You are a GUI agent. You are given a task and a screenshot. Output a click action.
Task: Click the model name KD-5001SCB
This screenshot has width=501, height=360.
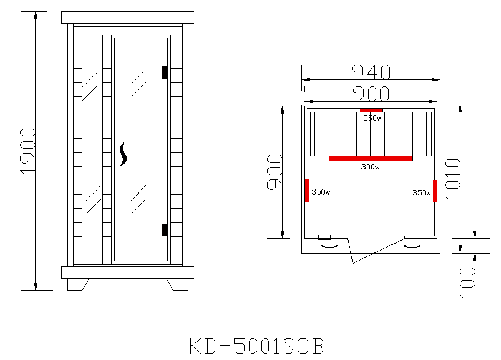[257, 346]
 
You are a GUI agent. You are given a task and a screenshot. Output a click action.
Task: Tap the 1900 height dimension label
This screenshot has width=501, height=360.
[28, 151]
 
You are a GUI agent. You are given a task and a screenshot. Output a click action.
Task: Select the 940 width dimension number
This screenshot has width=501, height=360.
[371, 72]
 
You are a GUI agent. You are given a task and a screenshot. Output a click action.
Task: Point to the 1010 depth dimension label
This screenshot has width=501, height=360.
[453, 179]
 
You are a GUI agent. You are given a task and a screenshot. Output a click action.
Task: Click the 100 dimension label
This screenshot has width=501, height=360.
[467, 282]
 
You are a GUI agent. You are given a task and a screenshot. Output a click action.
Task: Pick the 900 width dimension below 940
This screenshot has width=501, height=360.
[371, 94]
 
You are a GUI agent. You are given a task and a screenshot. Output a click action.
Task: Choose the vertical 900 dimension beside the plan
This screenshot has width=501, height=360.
[275, 172]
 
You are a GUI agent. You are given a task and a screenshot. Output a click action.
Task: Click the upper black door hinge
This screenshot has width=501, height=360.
[165, 72]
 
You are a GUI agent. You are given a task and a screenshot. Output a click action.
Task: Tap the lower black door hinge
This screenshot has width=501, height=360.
[165, 229]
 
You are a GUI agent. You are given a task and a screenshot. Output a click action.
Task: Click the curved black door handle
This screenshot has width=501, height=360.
[122, 155]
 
